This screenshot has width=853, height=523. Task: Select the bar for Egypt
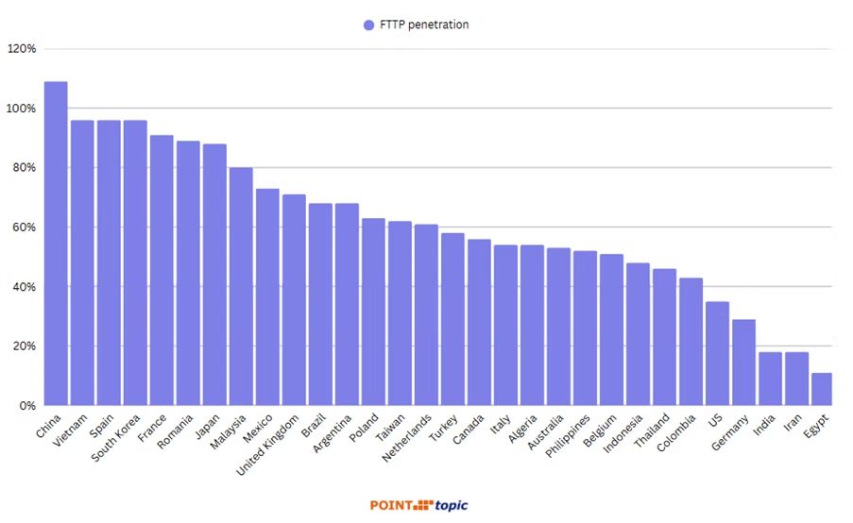(x=822, y=389)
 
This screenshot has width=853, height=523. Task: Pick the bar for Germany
(x=743, y=363)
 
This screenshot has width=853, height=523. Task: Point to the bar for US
(x=717, y=353)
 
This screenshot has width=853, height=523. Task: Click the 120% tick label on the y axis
(x=22, y=49)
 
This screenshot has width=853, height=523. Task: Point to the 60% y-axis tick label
(x=25, y=228)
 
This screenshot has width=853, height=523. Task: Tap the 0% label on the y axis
(x=27, y=406)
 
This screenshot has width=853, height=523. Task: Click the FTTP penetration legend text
(x=424, y=25)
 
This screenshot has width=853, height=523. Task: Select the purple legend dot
(x=369, y=25)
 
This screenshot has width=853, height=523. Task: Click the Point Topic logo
(x=418, y=505)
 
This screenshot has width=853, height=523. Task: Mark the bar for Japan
(x=214, y=275)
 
